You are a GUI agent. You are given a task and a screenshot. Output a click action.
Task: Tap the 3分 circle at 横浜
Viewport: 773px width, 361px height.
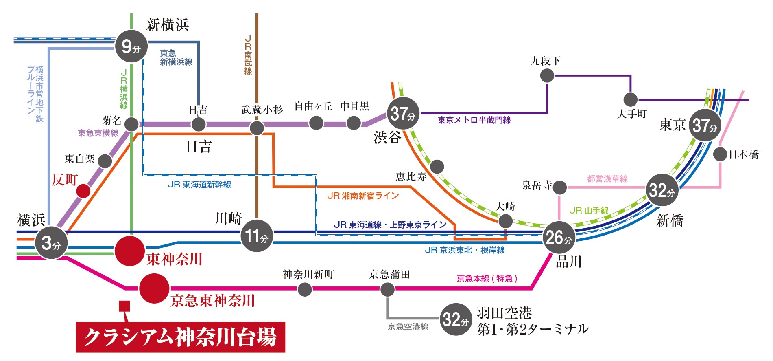click(x=51, y=243)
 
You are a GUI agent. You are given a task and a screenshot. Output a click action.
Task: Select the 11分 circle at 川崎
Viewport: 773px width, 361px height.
click(x=257, y=236)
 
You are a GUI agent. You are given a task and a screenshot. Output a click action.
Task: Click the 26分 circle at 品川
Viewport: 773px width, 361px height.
click(x=559, y=238)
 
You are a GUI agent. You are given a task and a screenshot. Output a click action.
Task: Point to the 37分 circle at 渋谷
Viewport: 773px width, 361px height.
click(x=403, y=113)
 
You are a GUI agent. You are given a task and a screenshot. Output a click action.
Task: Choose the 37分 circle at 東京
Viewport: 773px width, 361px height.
click(x=705, y=125)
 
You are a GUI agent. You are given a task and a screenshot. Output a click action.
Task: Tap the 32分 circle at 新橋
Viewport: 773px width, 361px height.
click(x=662, y=190)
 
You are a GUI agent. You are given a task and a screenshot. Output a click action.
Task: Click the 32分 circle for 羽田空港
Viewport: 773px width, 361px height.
click(x=456, y=319)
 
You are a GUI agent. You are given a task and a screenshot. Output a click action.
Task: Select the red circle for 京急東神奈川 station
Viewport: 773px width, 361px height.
click(x=154, y=288)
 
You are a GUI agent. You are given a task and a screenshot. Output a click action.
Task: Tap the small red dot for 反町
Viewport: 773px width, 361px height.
click(x=83, y=191)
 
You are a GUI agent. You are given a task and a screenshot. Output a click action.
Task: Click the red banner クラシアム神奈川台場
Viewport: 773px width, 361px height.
click(x=180, y=337)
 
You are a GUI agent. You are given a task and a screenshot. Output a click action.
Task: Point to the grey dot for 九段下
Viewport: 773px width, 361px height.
click(x=547, y=75)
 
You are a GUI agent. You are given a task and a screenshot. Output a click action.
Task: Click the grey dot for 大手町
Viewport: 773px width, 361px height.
click(x=631, y=99)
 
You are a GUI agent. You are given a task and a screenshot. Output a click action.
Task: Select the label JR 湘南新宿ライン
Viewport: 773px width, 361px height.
click(x=363, y=196)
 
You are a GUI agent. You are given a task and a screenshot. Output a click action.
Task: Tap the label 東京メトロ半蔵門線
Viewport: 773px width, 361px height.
click(x=474, y=120)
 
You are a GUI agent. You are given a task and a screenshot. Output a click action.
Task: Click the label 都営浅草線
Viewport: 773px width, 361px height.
click(x=607, y=178)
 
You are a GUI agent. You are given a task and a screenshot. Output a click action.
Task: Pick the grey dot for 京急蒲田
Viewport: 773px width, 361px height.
click(x=387, y=289)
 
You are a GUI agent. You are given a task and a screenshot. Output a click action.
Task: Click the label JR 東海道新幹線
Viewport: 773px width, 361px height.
click(x=199, y=185)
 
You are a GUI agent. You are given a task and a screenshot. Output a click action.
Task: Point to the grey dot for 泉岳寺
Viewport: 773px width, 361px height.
click(x=559, y=187)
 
